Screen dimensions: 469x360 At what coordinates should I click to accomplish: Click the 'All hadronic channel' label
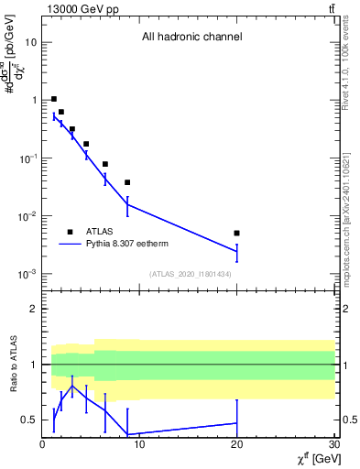coord(191,38)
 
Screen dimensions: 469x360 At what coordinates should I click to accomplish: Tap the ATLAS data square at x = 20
coord(236,234)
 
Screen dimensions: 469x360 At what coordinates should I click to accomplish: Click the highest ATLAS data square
coord(54,99)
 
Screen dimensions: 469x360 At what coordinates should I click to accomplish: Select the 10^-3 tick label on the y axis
coord(27,275)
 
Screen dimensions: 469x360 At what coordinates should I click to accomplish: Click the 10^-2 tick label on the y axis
coord(27,216)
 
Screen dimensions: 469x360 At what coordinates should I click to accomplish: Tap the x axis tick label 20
coord(236,445)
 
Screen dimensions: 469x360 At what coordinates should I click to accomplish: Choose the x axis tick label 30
coord(333,445)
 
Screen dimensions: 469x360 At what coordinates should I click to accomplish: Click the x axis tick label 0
coord(43,445)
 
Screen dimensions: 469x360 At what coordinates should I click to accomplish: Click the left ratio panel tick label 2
coord(34,309)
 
